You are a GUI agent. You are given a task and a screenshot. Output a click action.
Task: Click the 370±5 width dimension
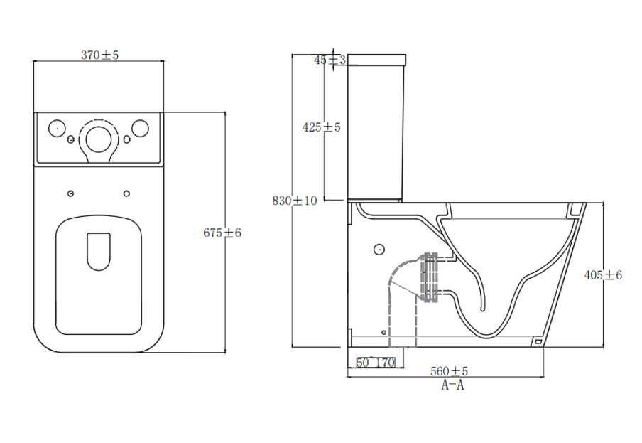point(99,55)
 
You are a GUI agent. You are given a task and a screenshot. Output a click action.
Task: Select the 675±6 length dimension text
point(222,233)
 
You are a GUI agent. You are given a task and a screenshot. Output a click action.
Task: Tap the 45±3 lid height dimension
point(330,60)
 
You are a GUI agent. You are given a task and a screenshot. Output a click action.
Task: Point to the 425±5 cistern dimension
point(322,127)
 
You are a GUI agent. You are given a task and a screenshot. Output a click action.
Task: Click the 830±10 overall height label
point(295,201)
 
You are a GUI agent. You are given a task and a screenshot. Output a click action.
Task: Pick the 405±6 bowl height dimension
point(602,275)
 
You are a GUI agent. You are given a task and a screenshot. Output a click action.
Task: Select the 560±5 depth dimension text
point(450,371)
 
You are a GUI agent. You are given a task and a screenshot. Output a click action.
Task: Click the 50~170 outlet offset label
point(375,363)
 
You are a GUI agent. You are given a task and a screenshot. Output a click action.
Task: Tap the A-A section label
point(452,385)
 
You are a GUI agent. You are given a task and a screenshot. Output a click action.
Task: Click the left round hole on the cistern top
point(55,129)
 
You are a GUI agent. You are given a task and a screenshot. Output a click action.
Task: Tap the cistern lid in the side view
point(376,59)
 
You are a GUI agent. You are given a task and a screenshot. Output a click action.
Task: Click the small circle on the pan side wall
point(379,250)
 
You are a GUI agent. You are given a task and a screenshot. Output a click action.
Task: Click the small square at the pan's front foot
point(538,342)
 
